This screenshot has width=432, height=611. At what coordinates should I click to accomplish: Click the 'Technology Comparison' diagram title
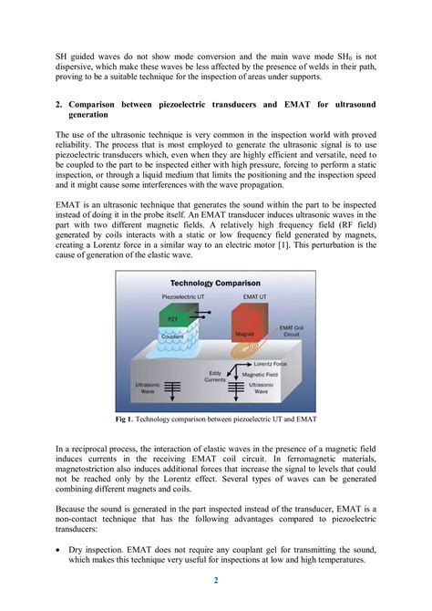pos(215,283)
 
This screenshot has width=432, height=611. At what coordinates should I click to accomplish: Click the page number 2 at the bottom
pos(215,581)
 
